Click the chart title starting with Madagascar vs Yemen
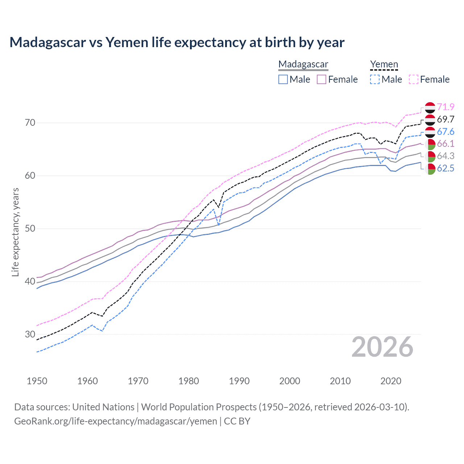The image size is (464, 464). pyautogui.click(x=177, y=42)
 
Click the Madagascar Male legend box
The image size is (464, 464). pyautogui.click(x=283, y=79)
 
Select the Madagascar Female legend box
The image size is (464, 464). pyautogui.click(x=322, y=79)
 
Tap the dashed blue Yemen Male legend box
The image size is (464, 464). pyautogui.click(x=375, y=79)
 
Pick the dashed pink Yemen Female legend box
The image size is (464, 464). pyautogui.click(x=414, y=79)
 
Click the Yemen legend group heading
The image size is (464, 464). pyautogui.click(x=384, y=65)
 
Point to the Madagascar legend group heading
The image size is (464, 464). pyautogui.click(x=303, y=65)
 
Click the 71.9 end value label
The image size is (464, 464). pyautogui.click(x=446, y=107)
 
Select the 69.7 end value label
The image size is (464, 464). pyautogui.click(x=446, y=119)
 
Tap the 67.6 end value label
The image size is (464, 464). pyautogui.click(x=446, y=132)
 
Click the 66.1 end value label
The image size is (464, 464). pyautogui.click(x=446, y=144)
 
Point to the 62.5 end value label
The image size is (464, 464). pyautogui.click(x=446, y=168)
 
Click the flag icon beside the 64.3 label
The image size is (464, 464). pyautogui.click(x=430, y=156)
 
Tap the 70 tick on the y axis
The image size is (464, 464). pyautogui.click(x=30, y=123)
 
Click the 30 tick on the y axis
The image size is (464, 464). pyautogui.click(x=30, y=334)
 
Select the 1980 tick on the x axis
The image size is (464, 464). pyautogui.click(x=188, y=381)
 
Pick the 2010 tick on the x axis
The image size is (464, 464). pyautogui.click(x=340, y=381)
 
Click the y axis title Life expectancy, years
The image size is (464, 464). pyautogui.click(x=15, y=232)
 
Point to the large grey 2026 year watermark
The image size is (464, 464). pyautogui.click(x=382, y=347)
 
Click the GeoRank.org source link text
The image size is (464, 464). pyautogui.click(x=115, y=421)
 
